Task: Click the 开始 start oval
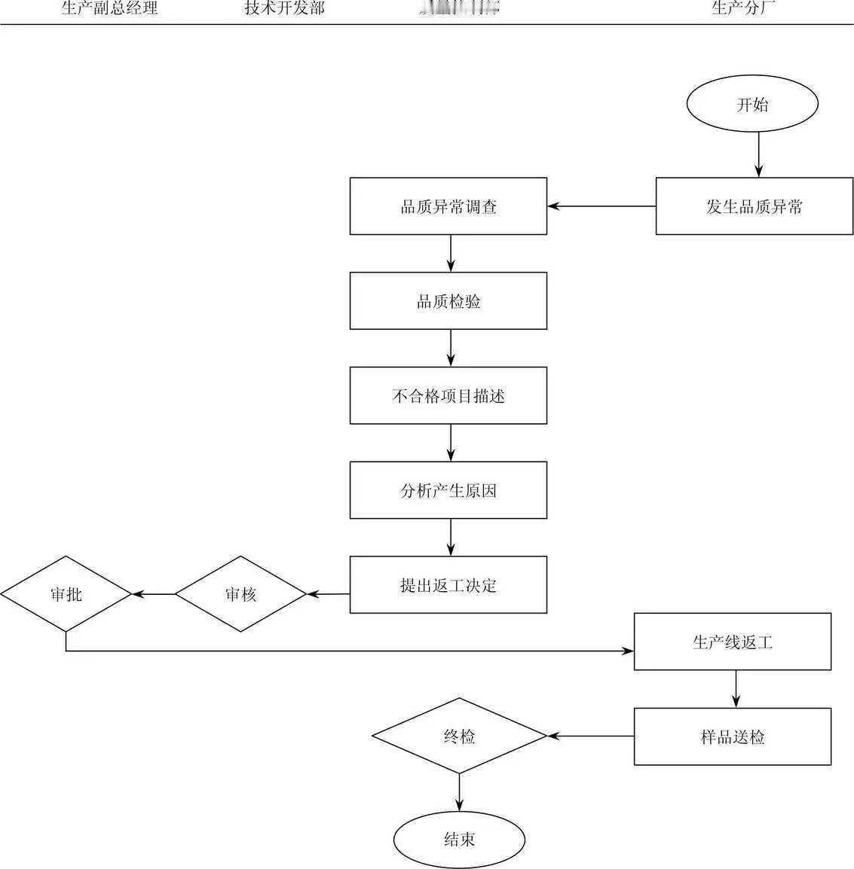752,104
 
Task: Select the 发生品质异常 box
754,206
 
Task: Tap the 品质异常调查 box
448,206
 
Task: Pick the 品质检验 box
448,301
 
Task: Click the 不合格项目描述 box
448,395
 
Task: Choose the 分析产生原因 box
448,490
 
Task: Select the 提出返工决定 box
448,585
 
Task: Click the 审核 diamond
241,594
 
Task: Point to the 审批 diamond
66,594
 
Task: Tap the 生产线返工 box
732,642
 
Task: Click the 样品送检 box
732,736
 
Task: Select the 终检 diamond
459,736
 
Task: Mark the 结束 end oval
459,839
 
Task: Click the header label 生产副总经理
109,9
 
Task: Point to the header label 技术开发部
285,9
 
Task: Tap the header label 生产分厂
744,9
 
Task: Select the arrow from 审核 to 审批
154,594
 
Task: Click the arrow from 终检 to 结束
459,792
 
